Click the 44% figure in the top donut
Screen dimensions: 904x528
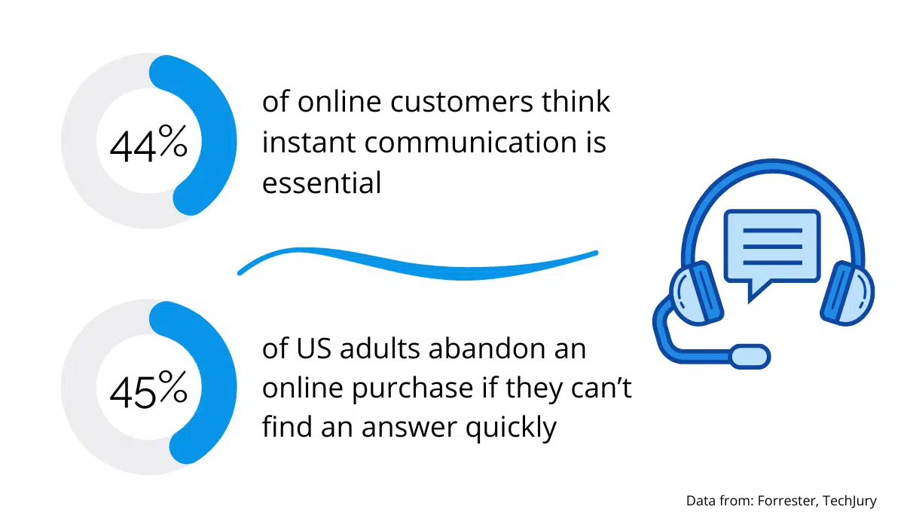(x=148, y=143)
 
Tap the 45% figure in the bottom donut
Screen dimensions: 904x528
(x=148, y=389)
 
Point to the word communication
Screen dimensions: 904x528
(x=471, y=143)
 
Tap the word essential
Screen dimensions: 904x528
(x=322, y=183)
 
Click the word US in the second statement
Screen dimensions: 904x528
(x=313, y=348)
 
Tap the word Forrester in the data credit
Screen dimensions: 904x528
(x=788, y=501)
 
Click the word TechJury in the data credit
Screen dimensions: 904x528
(x=850, y=502)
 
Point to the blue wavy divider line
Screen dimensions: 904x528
(x=418, y=265)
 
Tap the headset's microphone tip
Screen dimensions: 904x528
(x=750, y=356)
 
